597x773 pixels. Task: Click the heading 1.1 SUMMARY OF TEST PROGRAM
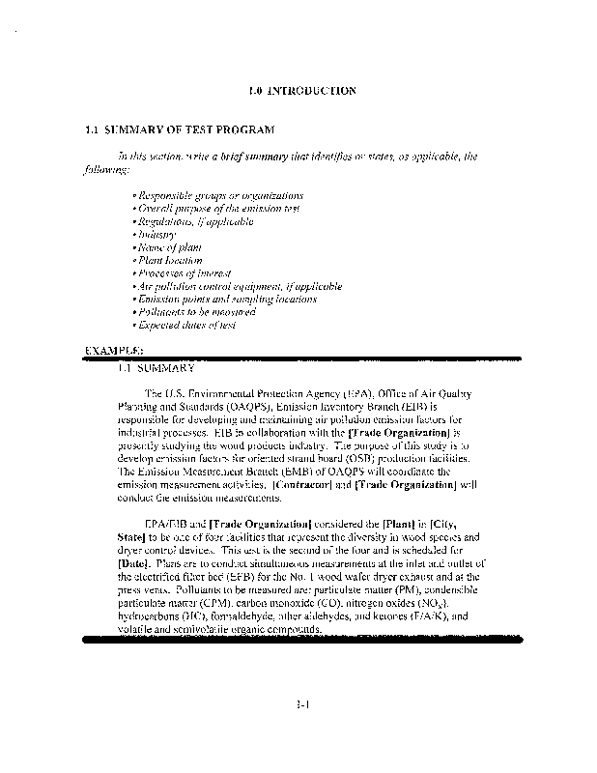(x=181, y=130)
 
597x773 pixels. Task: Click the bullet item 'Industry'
(x=155, y=235)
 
